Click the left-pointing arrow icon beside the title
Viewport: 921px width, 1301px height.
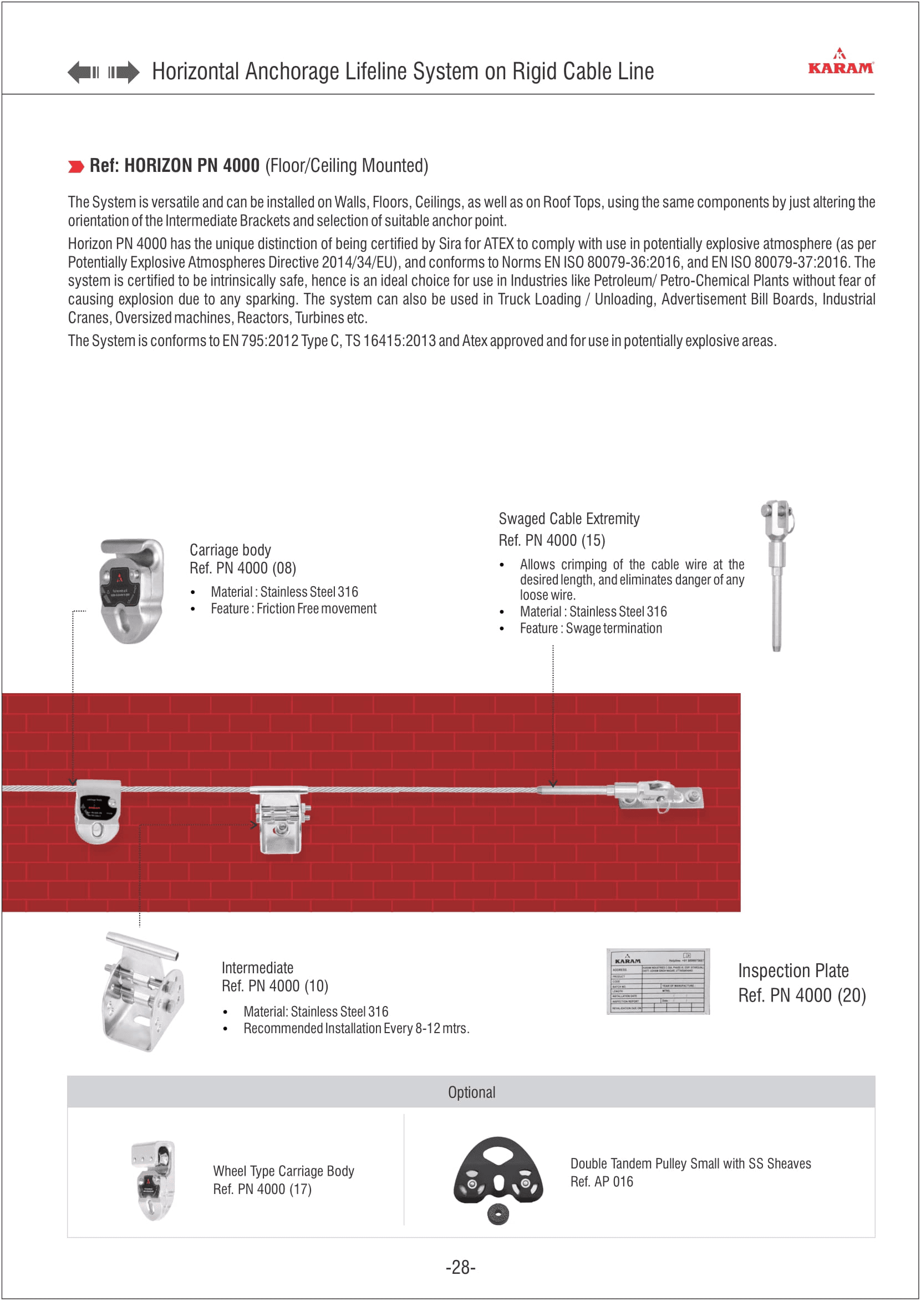coord(83,72)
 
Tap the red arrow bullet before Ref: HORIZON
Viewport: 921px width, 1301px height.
coord(75,167)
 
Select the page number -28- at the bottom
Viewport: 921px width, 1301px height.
coord(460,1267)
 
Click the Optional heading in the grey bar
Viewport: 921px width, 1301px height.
coord(471,1092)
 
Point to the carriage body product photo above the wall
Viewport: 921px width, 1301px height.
coord(131,591)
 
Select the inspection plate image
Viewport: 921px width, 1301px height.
coord(658,981)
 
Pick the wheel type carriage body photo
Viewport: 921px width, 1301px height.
coord(153,1180)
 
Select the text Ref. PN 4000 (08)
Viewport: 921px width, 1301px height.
coord(243,568)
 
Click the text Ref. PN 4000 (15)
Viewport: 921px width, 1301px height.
coord(552,541)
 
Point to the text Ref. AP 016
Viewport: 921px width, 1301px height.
coord(602,1182)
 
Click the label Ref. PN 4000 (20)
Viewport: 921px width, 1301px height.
coord(802,995)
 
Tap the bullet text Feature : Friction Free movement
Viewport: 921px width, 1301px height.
coord(293,609)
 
